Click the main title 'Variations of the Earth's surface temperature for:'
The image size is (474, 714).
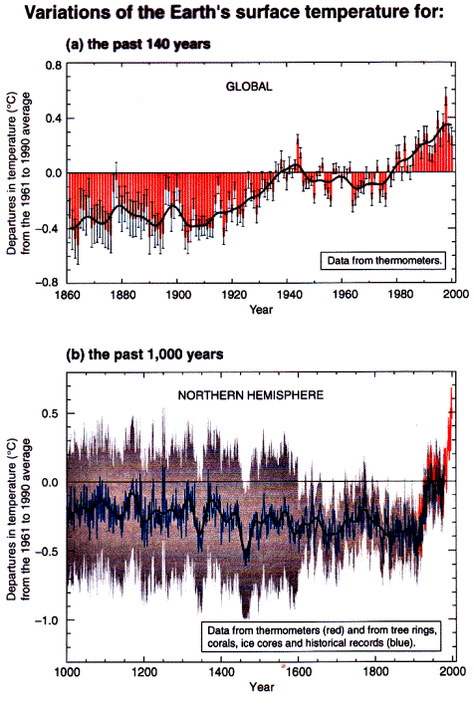[233, 12]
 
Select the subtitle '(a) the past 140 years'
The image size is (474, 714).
[138, 44]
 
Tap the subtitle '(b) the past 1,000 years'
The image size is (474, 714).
[144, 355]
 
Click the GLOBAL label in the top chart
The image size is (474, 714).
[249, 87]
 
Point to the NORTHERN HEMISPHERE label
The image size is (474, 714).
[250, 394]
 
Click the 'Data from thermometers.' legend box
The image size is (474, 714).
[383, 261]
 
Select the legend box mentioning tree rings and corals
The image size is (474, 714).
[322, 636]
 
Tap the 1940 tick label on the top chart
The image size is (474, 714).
[290, 295]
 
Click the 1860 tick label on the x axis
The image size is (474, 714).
[68, 295]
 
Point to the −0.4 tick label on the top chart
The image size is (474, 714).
[50, 229]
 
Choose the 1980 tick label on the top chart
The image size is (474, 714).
[401, 295]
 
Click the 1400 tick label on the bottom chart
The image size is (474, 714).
[221, 672]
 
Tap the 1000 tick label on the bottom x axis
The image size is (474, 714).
[67, 672]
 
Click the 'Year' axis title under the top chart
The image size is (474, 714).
[261, 310]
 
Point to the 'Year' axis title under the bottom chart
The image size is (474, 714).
[261, 687]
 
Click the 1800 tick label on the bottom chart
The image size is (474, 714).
[375, 672]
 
